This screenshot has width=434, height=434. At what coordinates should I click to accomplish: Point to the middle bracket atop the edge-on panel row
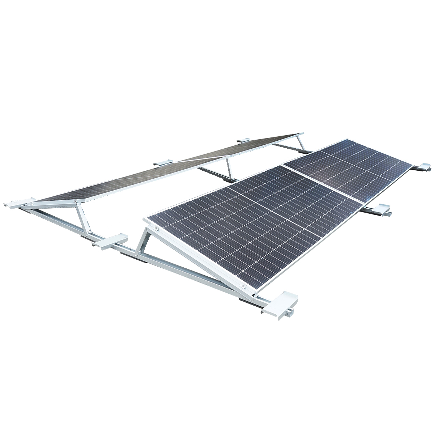coord(163,163)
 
